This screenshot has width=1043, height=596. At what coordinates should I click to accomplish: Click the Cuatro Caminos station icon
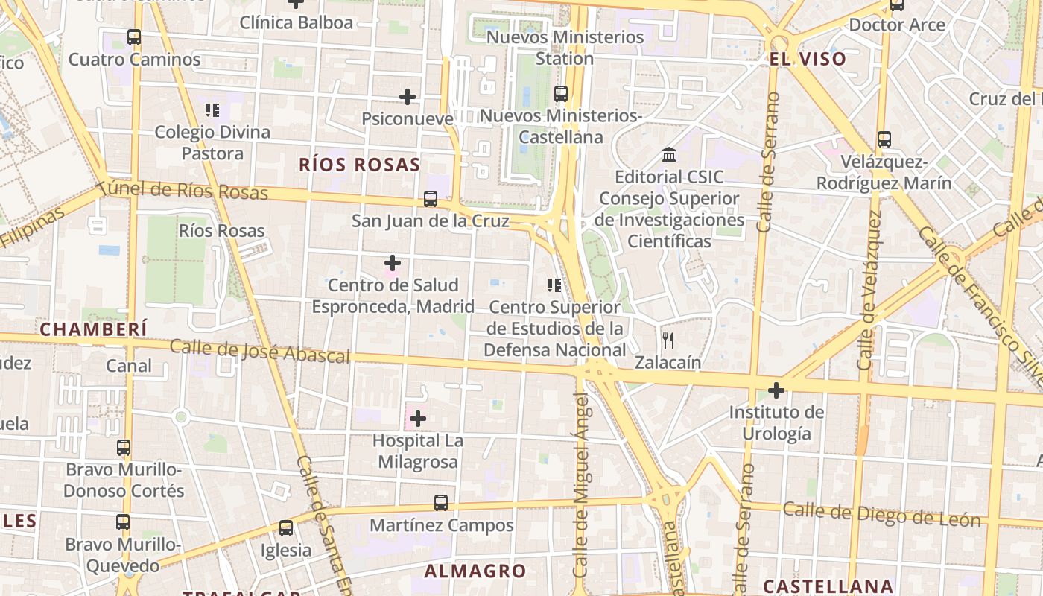(134, 37)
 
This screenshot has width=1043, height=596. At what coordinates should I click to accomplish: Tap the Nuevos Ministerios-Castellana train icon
(561, 94)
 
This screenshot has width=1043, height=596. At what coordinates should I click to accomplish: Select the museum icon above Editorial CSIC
(669, 155)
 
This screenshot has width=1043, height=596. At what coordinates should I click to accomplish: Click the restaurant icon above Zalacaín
(668, 340)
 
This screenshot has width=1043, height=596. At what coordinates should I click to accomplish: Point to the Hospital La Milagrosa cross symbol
(418, 419)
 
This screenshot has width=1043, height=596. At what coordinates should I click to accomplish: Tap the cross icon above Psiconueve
(408, 97)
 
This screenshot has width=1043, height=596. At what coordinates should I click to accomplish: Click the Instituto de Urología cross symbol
(776, 390)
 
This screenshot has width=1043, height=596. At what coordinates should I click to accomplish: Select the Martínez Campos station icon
(441, 503)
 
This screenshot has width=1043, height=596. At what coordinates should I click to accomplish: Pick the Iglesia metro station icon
(286, 528)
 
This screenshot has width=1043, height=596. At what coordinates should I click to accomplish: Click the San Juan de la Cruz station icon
(431, 199)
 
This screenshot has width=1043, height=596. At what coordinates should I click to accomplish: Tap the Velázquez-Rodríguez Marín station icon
(884, 139)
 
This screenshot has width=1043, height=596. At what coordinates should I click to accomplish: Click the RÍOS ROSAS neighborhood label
(360, 165)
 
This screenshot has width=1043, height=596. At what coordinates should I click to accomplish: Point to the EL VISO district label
(808, 59)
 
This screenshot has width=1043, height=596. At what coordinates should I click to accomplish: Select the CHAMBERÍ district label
(93, 329)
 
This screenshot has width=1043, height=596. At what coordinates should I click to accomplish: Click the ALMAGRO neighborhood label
(475, 571)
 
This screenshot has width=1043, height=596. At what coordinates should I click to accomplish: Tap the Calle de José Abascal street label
(260, 351)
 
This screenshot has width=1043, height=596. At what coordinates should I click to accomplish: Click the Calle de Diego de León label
(881, 514)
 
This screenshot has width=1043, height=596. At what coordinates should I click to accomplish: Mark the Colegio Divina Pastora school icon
(212, 110)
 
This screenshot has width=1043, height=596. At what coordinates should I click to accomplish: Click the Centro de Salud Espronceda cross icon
(393, 263)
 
